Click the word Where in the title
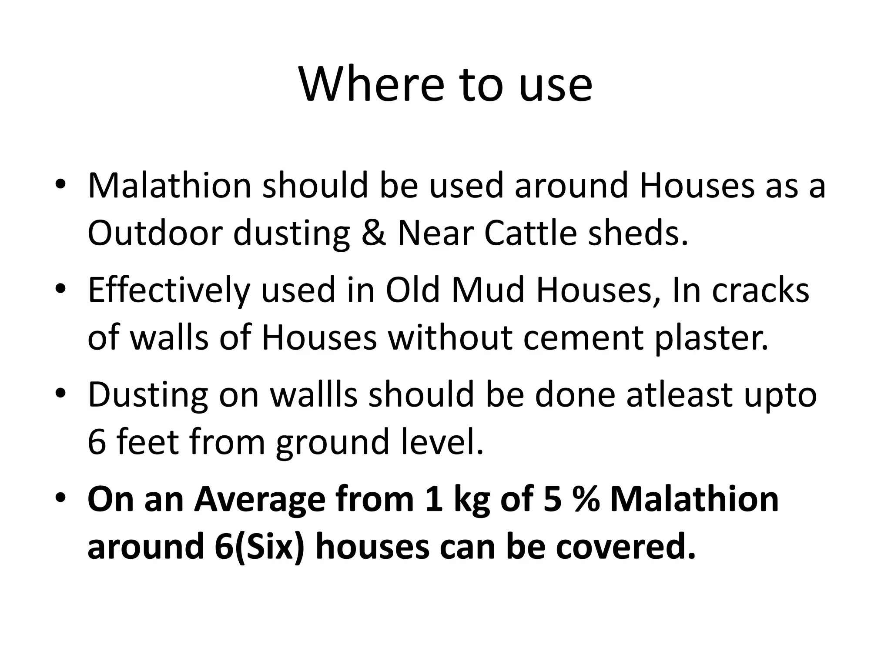click(x=372, y=85)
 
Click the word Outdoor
click(x=155, y=233)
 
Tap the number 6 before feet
click(x=97, y=442)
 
